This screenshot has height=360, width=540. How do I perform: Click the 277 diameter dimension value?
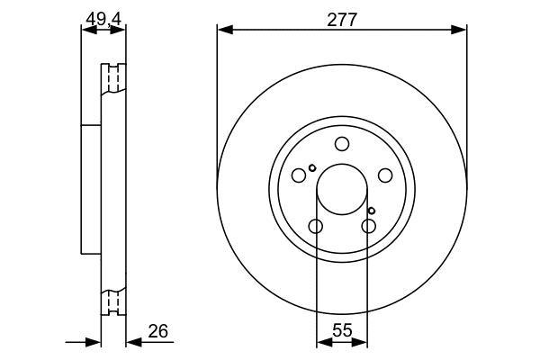point(342,20)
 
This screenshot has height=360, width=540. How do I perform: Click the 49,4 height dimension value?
point(103,19)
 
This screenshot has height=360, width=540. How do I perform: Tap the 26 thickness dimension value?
point(158,331)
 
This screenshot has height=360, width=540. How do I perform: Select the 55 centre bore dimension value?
point(343,331)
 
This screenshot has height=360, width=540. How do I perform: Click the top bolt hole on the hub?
point(342,144)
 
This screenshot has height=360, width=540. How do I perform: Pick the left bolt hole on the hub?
point(299,175)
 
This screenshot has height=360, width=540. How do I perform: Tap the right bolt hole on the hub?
point(385,175)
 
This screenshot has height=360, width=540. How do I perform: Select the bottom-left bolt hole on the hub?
point(316,226)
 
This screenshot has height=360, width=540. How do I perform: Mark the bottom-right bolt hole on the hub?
point(368,226)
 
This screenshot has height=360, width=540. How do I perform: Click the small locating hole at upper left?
point(312,168)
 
